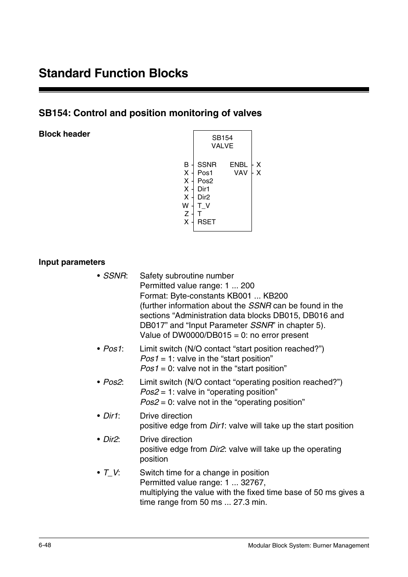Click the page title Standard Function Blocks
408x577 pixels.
pyautogui.click(x=113, y=73)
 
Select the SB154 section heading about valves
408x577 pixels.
pyautogui.click(x=150, y=113)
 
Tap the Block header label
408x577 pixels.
pyautogui.click(x=64, y=134)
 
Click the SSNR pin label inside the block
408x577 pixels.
pyautogui.click(x=207, y=164)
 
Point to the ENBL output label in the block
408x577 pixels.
pyautogui.click(x=238, y=164)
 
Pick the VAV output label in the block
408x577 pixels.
pyautogui.click(x=241, y=173)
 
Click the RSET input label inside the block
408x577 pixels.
pyautogui.click(x=207, y=222)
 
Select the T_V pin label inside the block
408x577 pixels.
pyautogui.click(x=204, y=205)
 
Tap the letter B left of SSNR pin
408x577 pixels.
pyautogui.click(x=186, y=164)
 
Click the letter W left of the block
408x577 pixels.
pyautogui.click(x=185, y=205)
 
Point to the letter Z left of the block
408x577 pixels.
pyautogui.click(x=186, y=214)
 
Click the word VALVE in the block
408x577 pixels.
pyautogui.click(x=222, y=146)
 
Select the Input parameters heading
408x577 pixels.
pyautogui.click(x=72, y=262)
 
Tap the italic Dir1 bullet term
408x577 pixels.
pyautogui.click(x=111, y=416)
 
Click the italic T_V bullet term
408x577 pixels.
pyautogui.click(x=111, y=472)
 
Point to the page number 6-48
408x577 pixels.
pyautogui.click(x=45, y=545)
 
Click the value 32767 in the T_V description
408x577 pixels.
pyautogui.click(x=252, y=482)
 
